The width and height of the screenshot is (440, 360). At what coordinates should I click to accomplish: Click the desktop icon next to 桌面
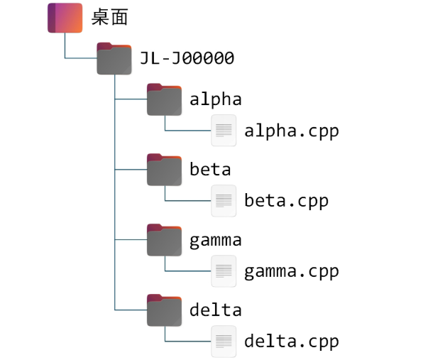click(x=65, y=18)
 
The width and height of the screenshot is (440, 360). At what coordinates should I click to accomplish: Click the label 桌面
click(x=110, y=18)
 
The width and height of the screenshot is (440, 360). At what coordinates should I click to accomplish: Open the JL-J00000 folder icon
click(x=114, y=59)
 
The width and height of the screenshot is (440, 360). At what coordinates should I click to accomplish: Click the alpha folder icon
click(x=165, y=100)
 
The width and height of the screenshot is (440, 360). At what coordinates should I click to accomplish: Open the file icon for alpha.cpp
click(x=224, y=131)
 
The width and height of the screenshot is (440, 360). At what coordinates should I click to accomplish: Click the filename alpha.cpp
click(x=291, y=131)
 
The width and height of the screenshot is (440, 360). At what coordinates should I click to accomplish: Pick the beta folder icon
click(x=165, y=170)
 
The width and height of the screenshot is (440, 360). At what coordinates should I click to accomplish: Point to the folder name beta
click(x=210, y=170)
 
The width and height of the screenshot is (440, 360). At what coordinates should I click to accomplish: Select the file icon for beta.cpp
click(x=224, y=200)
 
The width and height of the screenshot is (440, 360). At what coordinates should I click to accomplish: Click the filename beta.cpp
click(x=286, y=201)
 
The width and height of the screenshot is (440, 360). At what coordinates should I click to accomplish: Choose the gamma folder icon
click(x=165, y=240)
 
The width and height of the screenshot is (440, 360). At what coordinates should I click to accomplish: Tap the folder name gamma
click(x=215, y=240)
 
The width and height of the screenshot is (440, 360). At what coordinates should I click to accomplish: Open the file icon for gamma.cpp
click(x=224, y=271)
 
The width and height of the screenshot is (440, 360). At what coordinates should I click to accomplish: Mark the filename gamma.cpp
click(x=291, y=271)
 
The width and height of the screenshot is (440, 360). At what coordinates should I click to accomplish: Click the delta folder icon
click(x=165, y=310)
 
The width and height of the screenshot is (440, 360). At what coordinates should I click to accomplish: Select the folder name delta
click(x=215, y=310)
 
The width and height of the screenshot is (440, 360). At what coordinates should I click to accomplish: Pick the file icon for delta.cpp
click(x=224, y=341)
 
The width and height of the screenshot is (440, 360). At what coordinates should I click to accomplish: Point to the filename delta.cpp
click(x=291, y=342)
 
